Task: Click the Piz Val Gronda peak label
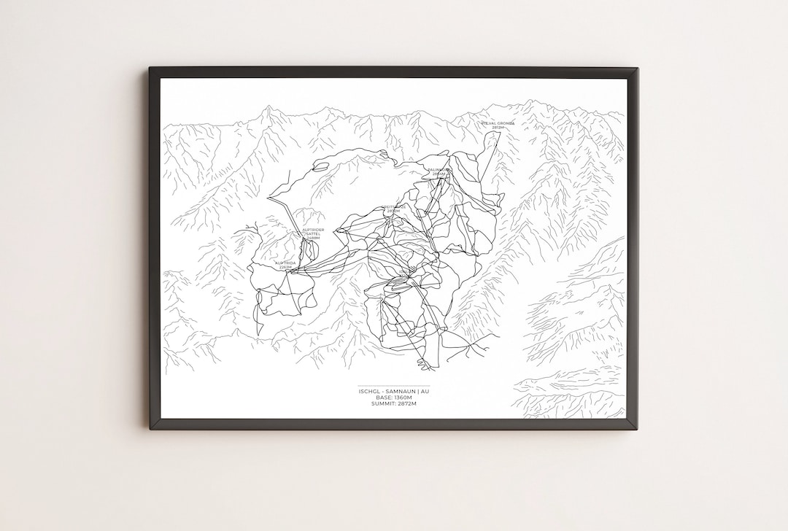click(x=498, y=123)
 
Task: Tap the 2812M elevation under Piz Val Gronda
click(x=498, y=128)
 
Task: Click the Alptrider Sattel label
click(x=314, y=232)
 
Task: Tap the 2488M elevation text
click(x=313, y=239)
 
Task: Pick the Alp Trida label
click(x=285, y=263)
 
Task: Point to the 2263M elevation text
click(x=285, y=268)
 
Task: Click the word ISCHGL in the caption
click(x=368, y=392)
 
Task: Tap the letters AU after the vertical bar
click(x=425, y=392)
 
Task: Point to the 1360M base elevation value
click(x=404, y=398)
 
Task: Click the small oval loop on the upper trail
click(x=320, y=166)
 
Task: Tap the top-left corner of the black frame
click(x=150, y=69)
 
